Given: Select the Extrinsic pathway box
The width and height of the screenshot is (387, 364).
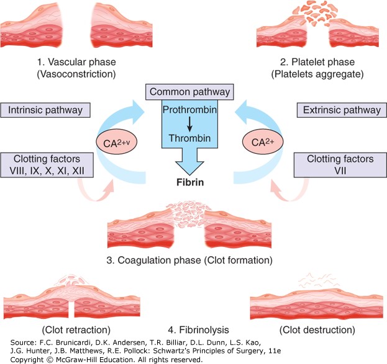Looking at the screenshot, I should pyautogui.click(x=341, y=110).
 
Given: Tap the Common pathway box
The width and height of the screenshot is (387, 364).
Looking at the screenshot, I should pyautogui.click(x=193, y=92).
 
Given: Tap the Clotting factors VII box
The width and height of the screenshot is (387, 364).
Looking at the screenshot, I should pyautogui.click(x=340, y=165).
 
